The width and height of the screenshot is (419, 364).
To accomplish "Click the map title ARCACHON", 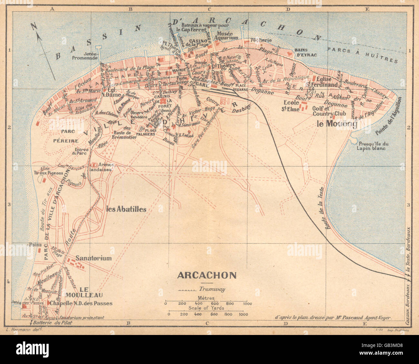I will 207,276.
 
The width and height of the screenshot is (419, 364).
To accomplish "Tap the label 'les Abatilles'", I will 126,209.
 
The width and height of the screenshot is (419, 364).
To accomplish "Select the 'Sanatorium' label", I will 94,258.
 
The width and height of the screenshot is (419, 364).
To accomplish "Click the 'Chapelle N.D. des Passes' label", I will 81,303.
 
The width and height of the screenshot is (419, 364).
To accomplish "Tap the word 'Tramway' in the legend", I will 212,289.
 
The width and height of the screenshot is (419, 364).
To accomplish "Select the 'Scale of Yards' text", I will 206,309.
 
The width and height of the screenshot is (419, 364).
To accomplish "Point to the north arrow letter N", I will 34,26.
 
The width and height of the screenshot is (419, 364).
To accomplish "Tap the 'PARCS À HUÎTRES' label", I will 362,55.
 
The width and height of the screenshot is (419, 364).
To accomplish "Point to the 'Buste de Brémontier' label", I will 124,135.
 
